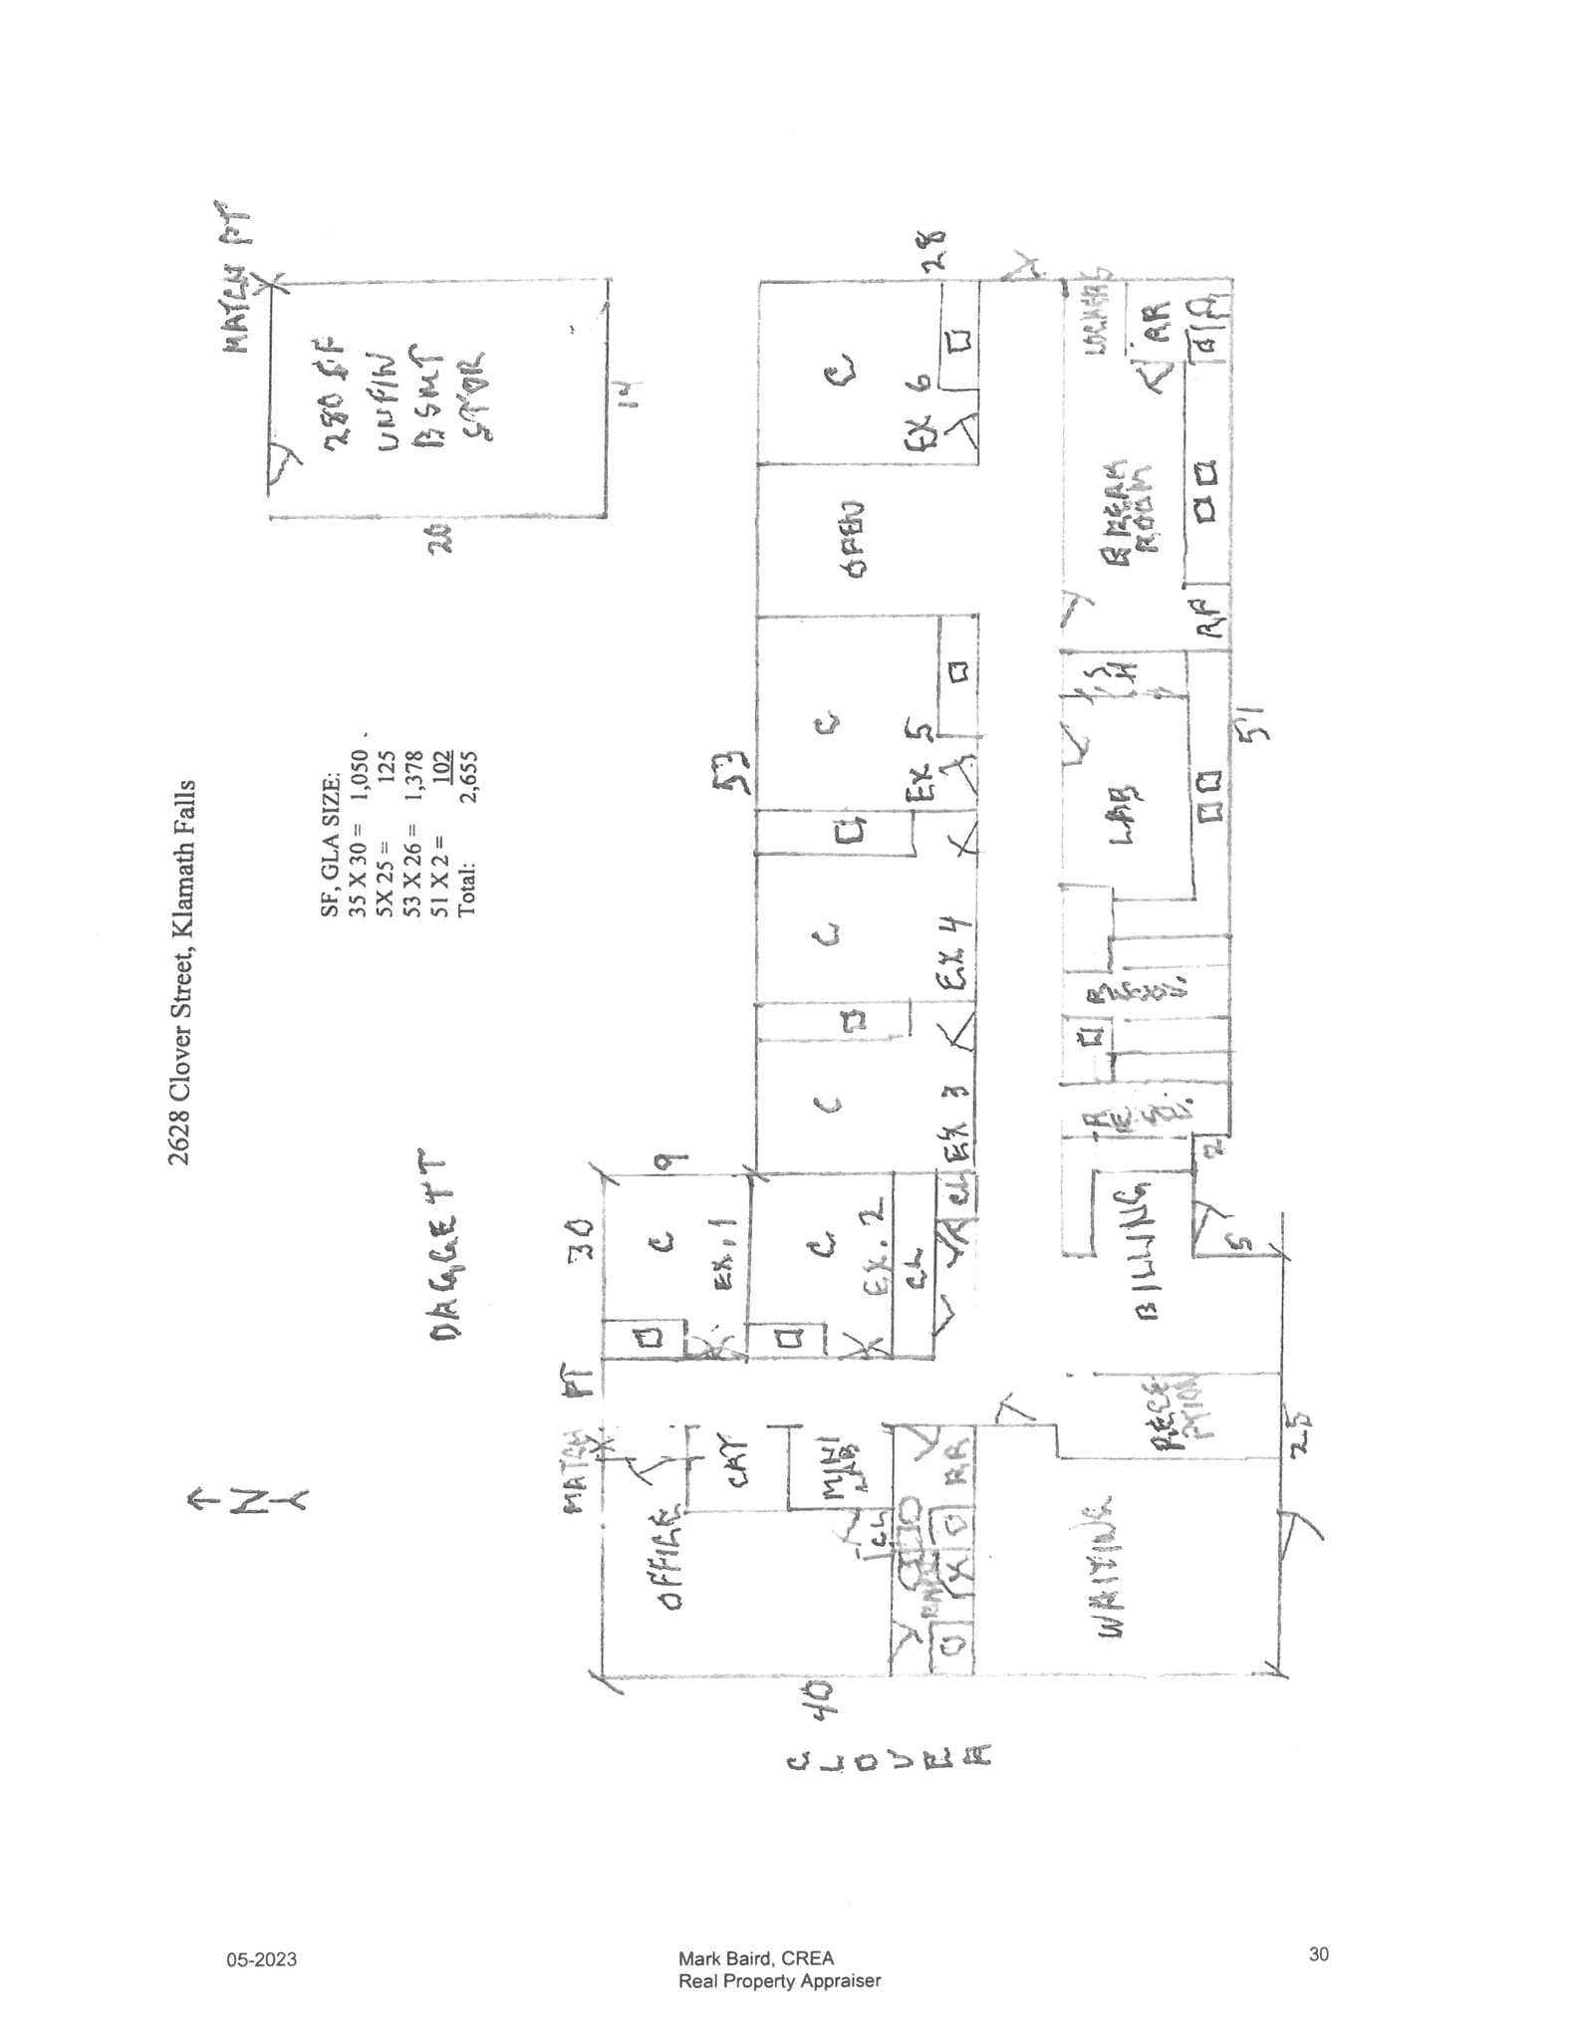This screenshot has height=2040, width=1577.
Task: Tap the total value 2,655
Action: (x=468, y=774)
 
